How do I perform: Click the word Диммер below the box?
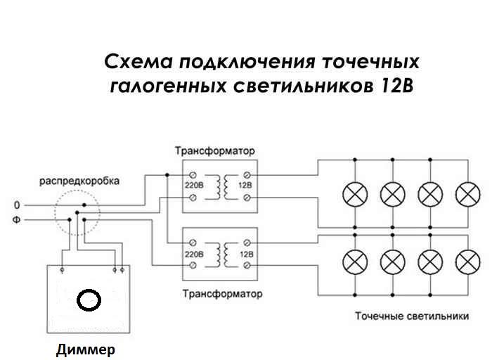click(x=84, y=349)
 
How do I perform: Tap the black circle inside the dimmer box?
click(x=89, y=300)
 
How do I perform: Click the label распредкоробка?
click(x=79, y=181)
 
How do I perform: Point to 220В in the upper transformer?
click(x=193, y=186)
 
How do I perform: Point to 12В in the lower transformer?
click(x=245, y=252)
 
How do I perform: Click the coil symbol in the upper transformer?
click(x=221, y=186)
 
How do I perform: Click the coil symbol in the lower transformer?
click(x=221, y=252)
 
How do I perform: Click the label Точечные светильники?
click(x=412, y=316)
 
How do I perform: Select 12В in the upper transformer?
click(x=245, y=186)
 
